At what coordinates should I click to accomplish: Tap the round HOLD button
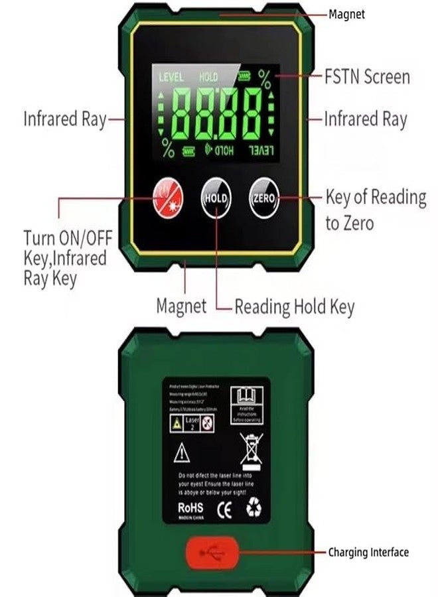(215, 198)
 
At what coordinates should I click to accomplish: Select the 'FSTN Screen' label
(367, 76)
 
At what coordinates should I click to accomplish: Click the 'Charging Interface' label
(369, 552)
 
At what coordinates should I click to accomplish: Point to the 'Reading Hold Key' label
(295, 306)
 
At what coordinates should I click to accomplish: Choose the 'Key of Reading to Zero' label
(375, 210)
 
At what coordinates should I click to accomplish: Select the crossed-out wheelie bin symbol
(252, 451)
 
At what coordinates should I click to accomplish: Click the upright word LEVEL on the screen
(171, 78)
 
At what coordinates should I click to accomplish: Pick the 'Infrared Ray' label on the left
(64, 119)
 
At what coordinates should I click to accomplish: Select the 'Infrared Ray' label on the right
(366, 119)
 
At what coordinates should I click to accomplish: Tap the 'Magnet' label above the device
(346, 14)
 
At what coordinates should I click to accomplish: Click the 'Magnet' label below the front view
(181, 306)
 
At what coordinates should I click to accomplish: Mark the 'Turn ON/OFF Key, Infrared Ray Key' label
(64, 257)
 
